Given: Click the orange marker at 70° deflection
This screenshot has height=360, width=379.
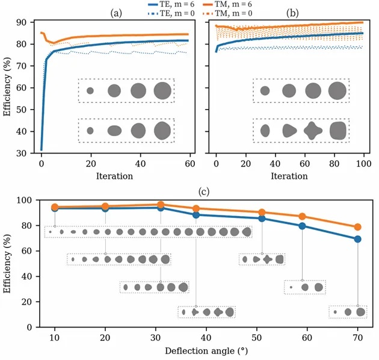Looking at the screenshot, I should (358, 227).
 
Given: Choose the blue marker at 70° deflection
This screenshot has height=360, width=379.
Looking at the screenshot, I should (358, 239).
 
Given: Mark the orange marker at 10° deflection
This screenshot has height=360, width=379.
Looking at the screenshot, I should (55, 207).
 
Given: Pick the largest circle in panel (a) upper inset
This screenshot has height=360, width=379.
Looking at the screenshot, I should (162, 90).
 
